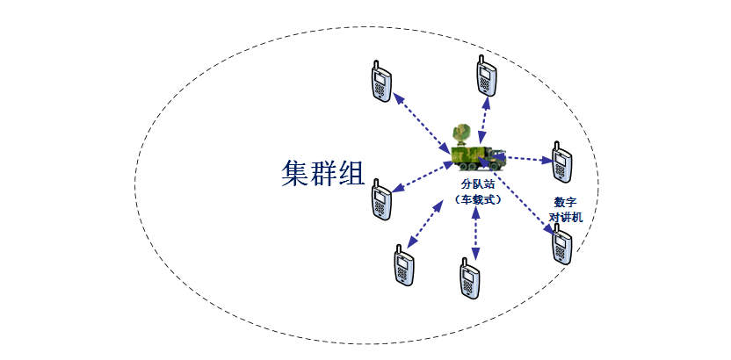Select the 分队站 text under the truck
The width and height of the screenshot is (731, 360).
[x=479, y=185]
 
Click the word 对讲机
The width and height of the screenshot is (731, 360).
[x=564, y=216]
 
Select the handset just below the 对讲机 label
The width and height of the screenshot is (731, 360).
[x=561, y=244]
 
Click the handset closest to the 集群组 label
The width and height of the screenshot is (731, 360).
[x=380, y=199]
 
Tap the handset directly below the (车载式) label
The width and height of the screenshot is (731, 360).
[x=471, y=278]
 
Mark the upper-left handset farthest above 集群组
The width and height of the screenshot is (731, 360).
[x=379, y=82]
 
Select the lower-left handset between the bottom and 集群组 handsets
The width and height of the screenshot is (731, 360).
[x=402, y=264]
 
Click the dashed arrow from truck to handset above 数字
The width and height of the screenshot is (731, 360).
[x=530, y=159]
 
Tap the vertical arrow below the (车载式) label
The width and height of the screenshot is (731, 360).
[x=475, y=233]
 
